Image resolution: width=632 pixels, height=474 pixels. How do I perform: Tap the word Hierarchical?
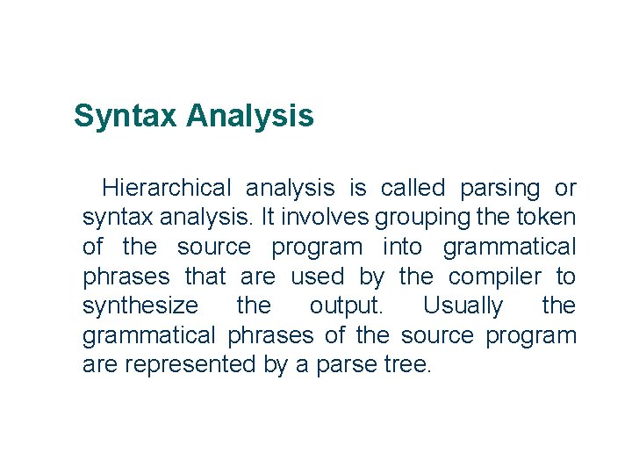(167, 188)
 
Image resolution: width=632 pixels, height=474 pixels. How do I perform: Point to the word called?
(413, 188)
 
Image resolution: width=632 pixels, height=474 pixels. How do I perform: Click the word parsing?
(500, 189)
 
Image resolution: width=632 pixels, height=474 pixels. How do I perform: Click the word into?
(402, 247)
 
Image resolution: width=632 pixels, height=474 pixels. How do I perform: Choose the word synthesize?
(140, 307)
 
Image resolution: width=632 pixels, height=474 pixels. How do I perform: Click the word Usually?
(463, 307)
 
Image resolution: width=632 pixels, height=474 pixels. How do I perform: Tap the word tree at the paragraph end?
(407, 365)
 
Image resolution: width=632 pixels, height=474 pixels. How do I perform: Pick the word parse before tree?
(353, 365)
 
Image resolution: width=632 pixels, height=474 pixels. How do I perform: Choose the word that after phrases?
(205, 276)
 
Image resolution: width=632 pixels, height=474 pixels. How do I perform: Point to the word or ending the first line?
(565, 188)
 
